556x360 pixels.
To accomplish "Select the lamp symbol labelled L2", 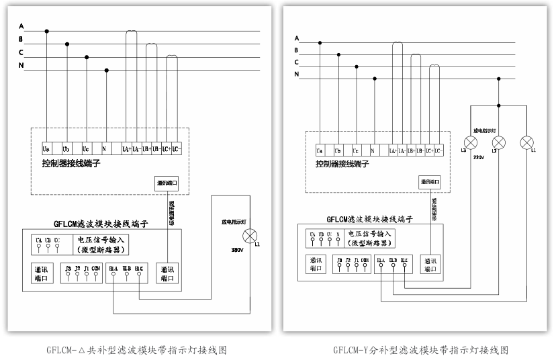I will point(499,142).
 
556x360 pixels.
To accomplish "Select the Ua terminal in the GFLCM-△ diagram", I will point(46,148).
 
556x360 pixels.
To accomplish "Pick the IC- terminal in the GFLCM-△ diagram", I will point(177,148).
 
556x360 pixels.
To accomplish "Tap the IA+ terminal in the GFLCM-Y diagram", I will point(393,152).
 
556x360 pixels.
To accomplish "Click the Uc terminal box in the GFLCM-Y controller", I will point(356,152).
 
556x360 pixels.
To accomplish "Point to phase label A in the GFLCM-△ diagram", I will point(21,26).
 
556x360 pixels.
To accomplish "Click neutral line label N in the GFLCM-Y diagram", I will point(296,74).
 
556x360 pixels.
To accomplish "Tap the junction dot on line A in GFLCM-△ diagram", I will point(47,31).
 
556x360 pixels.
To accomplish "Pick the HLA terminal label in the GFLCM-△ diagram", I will point(113,268).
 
